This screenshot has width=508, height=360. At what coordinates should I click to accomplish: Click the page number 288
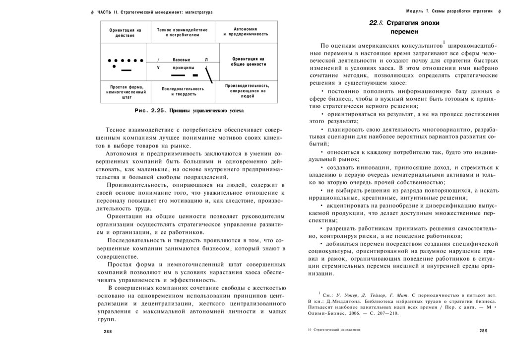[x=108, y=331]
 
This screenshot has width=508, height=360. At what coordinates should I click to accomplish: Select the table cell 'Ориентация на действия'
[x=125, y=33]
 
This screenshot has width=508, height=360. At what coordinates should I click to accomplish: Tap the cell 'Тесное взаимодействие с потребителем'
[x=182, y=33]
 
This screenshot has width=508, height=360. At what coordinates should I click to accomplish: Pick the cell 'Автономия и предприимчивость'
[x=246, y=32]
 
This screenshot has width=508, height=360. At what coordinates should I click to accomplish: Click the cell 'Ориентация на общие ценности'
[x=249, y=62]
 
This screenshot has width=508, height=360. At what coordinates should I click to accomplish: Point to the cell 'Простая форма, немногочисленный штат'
[x=126, y=92]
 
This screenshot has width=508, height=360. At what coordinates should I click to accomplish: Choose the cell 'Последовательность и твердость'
[x=183, y=91]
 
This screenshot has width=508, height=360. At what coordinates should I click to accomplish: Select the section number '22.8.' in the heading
[x=377, y=23]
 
